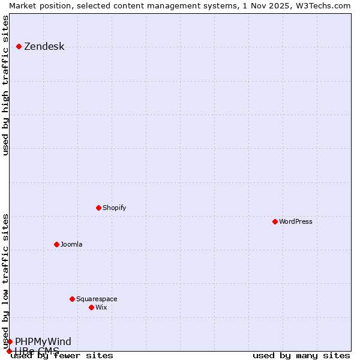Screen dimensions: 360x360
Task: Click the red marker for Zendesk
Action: (x=19, y=46)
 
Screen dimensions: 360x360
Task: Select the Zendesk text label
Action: (x=44, y=47)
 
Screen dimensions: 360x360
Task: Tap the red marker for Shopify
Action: (x=99, y=208)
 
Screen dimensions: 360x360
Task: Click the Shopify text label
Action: (x=114, y=208)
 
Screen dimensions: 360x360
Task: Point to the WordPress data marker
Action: (x=275, y=221)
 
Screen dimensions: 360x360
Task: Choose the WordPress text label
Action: (x=295, y=221)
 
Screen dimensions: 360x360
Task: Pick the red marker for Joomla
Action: (x=56, y=244)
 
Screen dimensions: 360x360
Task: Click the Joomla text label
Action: (x=71, y=244)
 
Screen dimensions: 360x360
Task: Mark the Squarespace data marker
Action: (x=72, y=299)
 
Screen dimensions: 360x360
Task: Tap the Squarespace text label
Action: (x=97, y=299)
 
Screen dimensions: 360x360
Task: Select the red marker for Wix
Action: (x=91, y=307)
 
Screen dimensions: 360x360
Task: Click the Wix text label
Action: (x=101, y=307)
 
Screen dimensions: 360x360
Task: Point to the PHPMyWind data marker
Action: (x=10, y=341)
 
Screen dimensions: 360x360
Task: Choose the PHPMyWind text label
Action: (x=43, y=342)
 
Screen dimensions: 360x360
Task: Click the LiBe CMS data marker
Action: (x=9, y=351)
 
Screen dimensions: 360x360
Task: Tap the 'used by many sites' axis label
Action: (x=301, y=356)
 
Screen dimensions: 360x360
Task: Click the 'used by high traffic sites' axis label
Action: (x=6, y=85)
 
